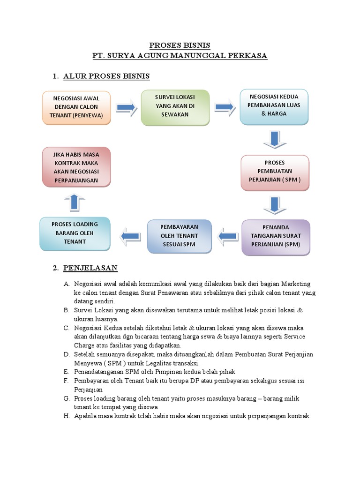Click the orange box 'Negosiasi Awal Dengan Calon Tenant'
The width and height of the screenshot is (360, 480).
click(x=76, y=108)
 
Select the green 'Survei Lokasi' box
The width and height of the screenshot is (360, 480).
click(x=175, y=107)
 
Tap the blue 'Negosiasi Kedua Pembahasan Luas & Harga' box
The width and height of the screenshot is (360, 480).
click(x=274, y=107)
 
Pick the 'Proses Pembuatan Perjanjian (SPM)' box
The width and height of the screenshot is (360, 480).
click(x=275, y=173)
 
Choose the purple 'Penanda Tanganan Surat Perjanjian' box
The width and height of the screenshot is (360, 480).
click(x=276, y=238)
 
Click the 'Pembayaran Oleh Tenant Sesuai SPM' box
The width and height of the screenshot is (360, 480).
click(x=180, y=236)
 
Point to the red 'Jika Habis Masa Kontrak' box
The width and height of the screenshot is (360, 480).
click(x=76, y=167)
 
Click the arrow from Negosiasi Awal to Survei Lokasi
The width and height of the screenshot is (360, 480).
click(x=127, y=107)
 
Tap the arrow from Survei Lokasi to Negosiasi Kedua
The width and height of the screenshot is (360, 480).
click(x=225, y=107)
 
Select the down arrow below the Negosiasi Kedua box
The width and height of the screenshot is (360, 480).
click(x=275, y=140)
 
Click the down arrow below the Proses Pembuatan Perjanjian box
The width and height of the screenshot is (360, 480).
click(x=275, y=205)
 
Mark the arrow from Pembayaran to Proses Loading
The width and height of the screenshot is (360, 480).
click(x=130, y=236)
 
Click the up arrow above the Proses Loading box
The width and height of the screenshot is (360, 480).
click(x=75, y=202)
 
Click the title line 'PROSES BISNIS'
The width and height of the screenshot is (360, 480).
click(x=180, y=45)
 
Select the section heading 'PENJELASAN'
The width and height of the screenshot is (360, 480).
click(x=90, y=268)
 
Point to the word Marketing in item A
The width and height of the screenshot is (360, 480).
click(x=296, y=284)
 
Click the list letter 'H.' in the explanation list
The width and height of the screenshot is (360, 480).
click(x=67, y=416)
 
